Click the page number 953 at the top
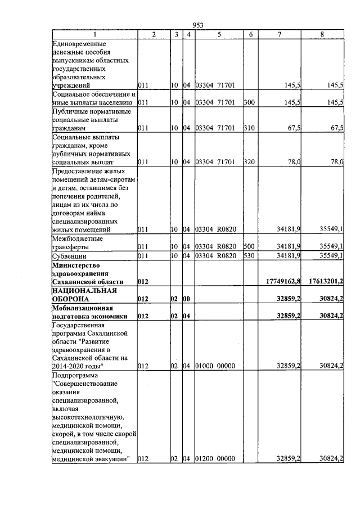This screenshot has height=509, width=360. click(197, 25)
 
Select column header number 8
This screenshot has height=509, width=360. click(322, 35)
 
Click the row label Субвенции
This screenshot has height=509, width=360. click(68, 256)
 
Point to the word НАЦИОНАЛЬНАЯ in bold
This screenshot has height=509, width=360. click(84, 290)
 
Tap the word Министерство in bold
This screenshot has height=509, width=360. click(75, 265)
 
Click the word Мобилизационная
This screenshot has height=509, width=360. click(82, 308)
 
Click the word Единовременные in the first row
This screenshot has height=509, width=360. click(79, 43)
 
